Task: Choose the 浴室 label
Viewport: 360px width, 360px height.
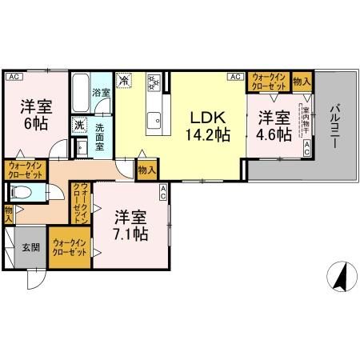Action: pos(100,93)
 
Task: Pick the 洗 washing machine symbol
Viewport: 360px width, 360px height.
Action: pos(79,124)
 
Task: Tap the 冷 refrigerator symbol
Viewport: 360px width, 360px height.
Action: pos(124,79)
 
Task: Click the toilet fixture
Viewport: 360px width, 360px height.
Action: pos(22,193)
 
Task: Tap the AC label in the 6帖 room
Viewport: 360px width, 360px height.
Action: pos(13,77)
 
